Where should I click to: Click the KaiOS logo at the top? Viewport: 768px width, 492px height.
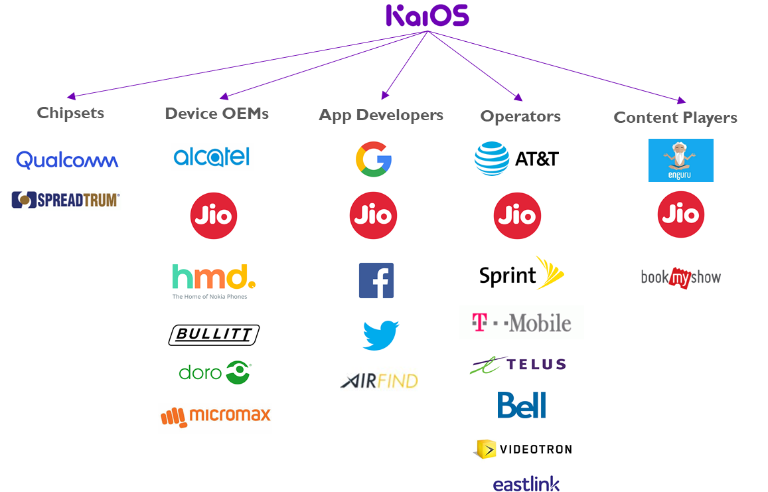pos(427,16)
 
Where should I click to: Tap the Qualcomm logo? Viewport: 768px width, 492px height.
pos(67,160)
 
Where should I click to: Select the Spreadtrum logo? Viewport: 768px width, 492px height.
pos(66,200)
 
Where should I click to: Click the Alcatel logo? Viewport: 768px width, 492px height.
pos(212,157)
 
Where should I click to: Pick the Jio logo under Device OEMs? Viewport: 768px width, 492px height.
pos(214,216)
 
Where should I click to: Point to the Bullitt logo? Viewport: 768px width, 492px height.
pos(214,335)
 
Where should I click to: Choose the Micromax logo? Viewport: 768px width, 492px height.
pos(215,418)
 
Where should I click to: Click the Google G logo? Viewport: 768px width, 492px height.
pos(373,157)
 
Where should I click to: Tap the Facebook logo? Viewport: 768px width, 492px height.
pos(376,280)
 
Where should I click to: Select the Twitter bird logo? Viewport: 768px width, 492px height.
pos(381,335)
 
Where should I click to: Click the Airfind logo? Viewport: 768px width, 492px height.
pos(378,380)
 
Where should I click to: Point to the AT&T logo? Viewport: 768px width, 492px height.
pos(516,159)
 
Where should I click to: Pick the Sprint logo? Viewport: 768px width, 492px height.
pos(522,273)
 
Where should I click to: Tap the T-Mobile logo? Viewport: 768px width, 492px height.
pos(521,323)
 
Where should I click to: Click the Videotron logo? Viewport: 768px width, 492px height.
pos(522,449)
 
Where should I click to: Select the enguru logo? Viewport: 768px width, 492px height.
pos(680,160)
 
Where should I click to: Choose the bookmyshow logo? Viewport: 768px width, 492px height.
pos(680,278)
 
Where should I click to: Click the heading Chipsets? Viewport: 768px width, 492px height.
pos(70,113)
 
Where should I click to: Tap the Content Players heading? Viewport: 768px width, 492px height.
pos(675,118)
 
